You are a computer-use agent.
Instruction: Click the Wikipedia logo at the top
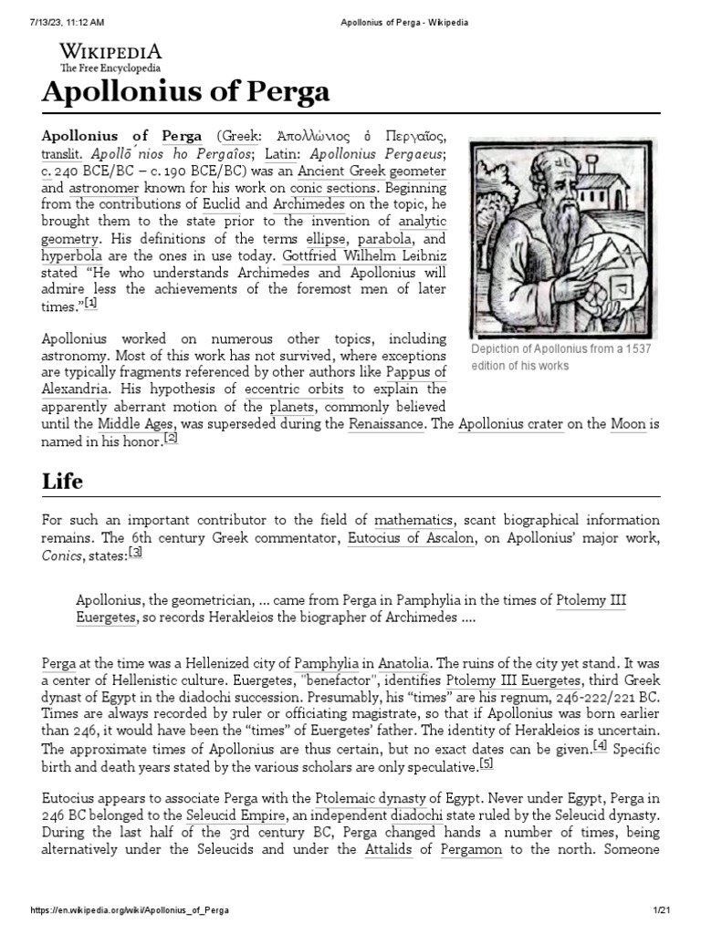[x=110, y=57]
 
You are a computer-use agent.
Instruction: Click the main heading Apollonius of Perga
[x=186, y=94]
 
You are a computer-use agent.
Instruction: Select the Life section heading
[x=62, y=481]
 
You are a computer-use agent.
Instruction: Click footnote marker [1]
[x=91, y=304]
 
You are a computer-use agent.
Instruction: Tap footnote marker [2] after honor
[x=170, y=438]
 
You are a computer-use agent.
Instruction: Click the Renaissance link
[x=386, y=424]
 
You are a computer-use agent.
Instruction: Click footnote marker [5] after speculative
[x=486, y=763]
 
